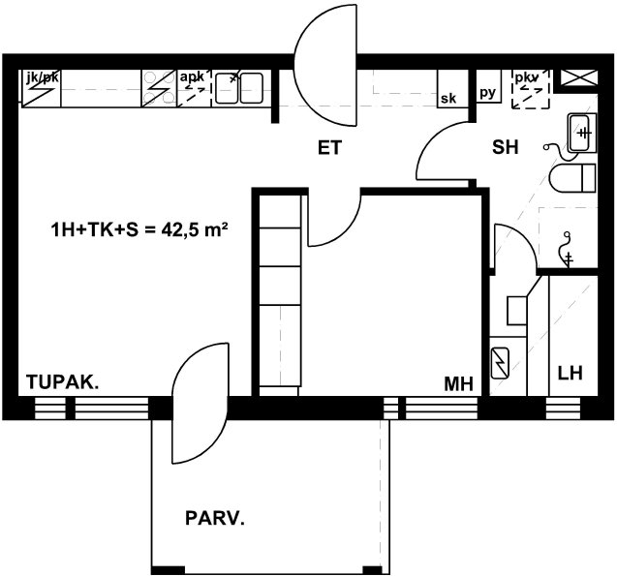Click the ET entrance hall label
pyautogui.click(x=329, y=148)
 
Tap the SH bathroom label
pyautogui.click(x=506, y=147)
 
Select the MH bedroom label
pyautogui.click(x=459, y=383)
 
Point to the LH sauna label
pyautogui.click(x=571, y=373)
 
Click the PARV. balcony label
pyautogui.click(x=215, y=518)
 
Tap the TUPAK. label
pyautogui.click(x=63, y=381)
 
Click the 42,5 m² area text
pyautogui.click(x=195, y=229)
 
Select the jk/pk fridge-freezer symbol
pyautogui.click(x=41, y=88)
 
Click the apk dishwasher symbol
pyautogui.click(x=195, y=88)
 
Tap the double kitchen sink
pyautogui.click(x=239, y=88)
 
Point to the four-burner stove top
pyautogui.click(x=159, y=88)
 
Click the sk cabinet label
pyautogui.click(x=448, y=99)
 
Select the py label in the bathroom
pyautogui.click(x=487, y=93)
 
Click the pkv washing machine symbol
pyautogui.click(x=531, y=89)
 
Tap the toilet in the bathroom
pyautogui.click(x=572, y=178)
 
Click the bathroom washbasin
pyautogui.click(x=582, y=133)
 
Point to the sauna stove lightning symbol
pyautogui.click(x=500, y=363)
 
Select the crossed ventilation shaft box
pyautogui.click(x=579, y=77)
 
